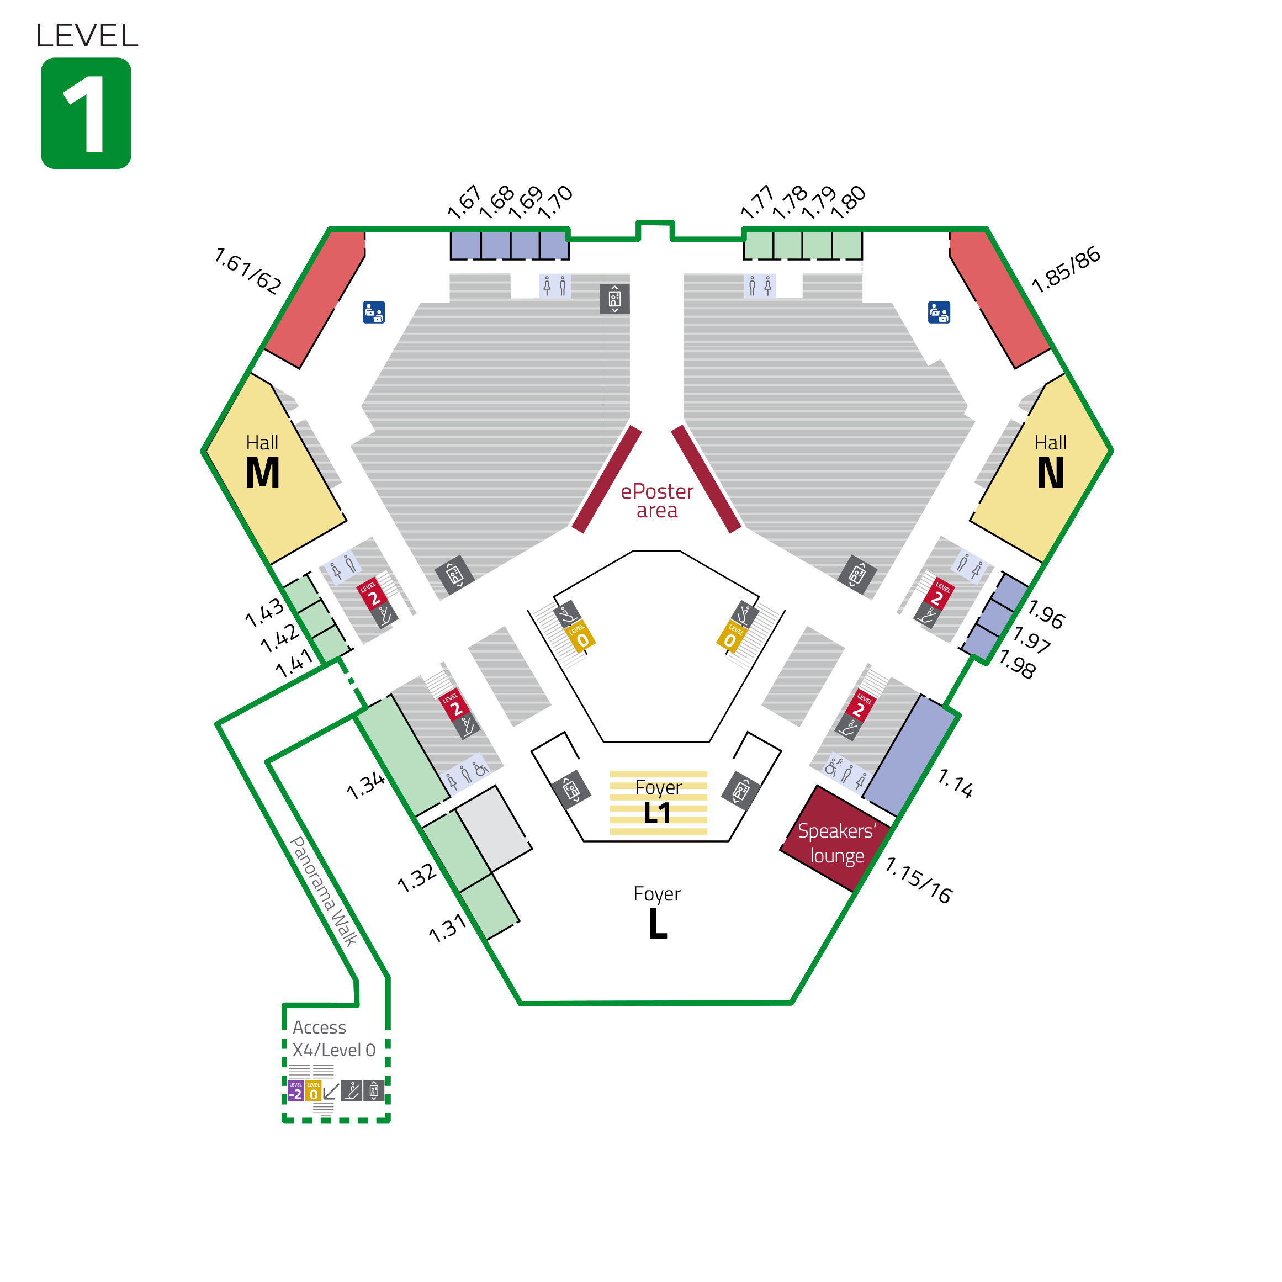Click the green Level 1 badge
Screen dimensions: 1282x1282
86,113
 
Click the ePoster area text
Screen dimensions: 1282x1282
657,501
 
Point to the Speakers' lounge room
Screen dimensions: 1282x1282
835,839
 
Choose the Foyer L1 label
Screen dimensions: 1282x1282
658,802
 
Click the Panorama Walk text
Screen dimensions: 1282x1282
324,891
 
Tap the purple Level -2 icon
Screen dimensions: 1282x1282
295,1091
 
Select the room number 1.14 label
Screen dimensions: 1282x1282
956,783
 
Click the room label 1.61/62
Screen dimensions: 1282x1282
247,270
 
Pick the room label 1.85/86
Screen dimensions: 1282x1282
1066,269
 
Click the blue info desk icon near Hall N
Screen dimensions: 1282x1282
939,312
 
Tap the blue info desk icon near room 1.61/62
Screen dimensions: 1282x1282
374,312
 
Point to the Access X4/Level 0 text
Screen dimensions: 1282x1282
334,1039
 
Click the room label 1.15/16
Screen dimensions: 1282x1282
919,881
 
